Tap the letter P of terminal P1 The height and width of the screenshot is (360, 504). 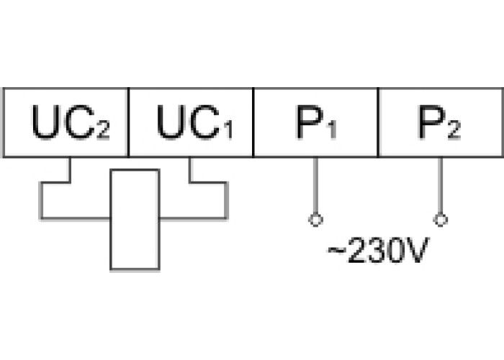pyautogui.click(x=307, y=122)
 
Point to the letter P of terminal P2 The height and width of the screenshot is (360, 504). pyautogui.click(x=431, y=122)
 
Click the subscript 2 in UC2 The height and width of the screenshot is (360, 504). pyautogui.click(x=104, y=130)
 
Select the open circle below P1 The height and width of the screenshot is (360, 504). pyautogui.click(x=315, y=220)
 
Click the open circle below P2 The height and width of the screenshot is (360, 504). pyautogui.click(x=441, y=220)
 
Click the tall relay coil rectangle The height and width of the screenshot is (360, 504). pyautogui.click(x=134, y=220)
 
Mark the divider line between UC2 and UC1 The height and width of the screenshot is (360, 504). pyautogui.click(x=128, y=122)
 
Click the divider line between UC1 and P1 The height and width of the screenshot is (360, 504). pyautogui.click(x=253, y=122)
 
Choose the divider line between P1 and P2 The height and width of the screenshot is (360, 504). pyautogui.click(x=379, y=122)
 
